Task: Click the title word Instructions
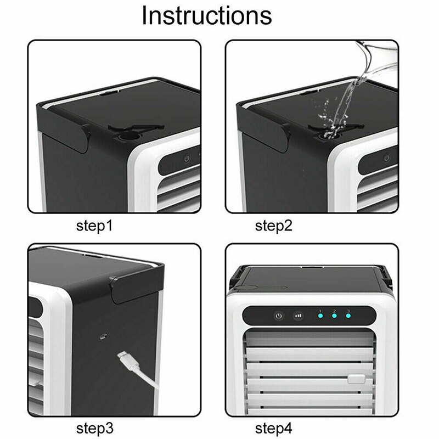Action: pos(207,16)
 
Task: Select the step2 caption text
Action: pos(274,226)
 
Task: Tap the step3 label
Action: pos(94,427)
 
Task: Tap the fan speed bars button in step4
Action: pos(299,316)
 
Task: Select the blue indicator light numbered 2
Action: pos(334,316)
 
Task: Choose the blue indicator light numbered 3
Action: pos(348,316)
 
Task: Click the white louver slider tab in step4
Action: pos(356,378)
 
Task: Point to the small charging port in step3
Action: pos(102,334)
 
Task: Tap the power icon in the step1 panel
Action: pos(187,159)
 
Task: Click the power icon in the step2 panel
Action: pos(386,158)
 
